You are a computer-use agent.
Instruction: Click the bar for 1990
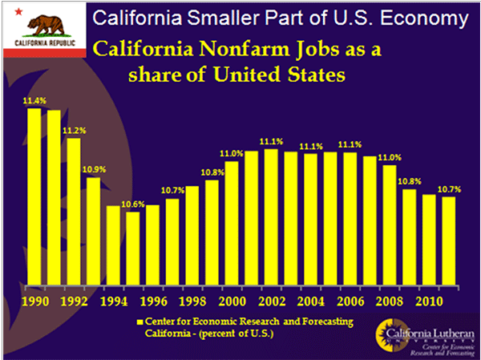tap(34, 196)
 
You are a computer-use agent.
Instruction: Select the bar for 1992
tap(74, 212)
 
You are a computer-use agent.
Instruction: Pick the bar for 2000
tap(232, 224)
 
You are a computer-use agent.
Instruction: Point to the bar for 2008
tap(390, 225)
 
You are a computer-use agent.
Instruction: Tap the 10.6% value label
tap(133, 204)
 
